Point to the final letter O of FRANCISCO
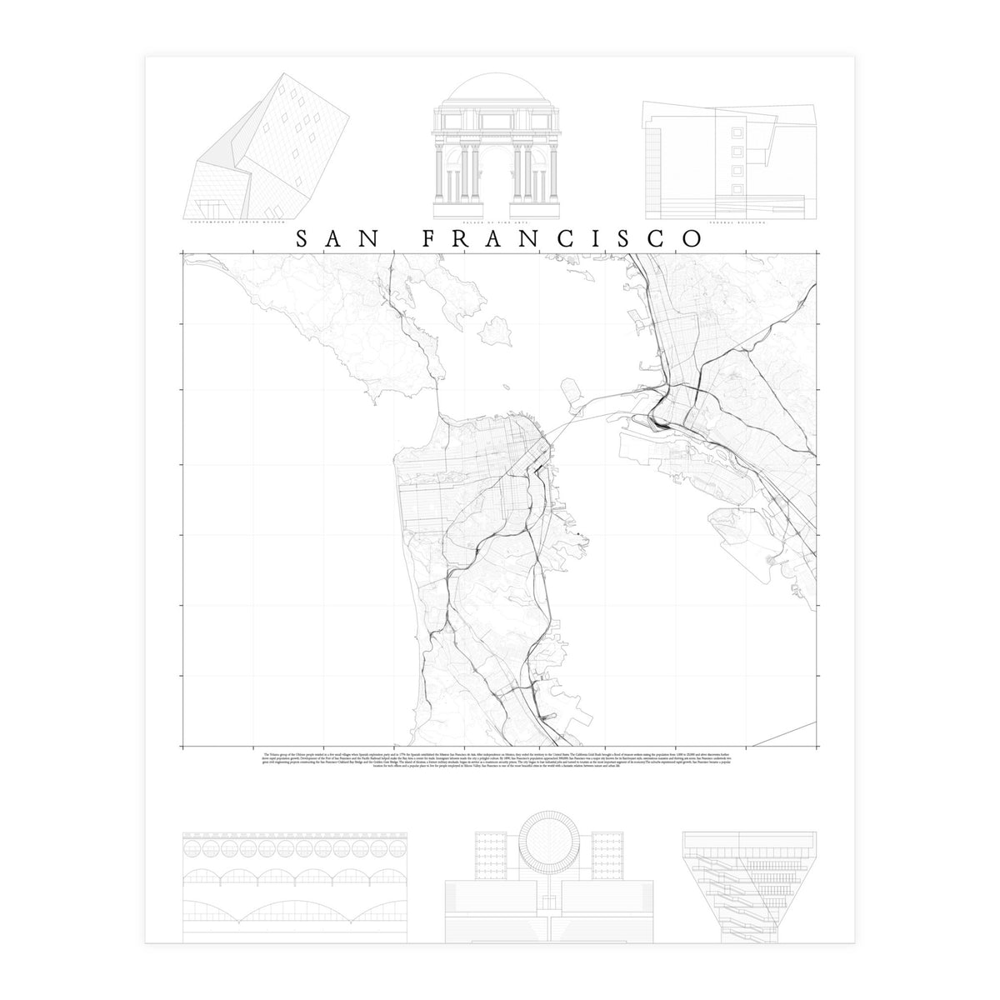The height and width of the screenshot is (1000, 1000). click(691, 238)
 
